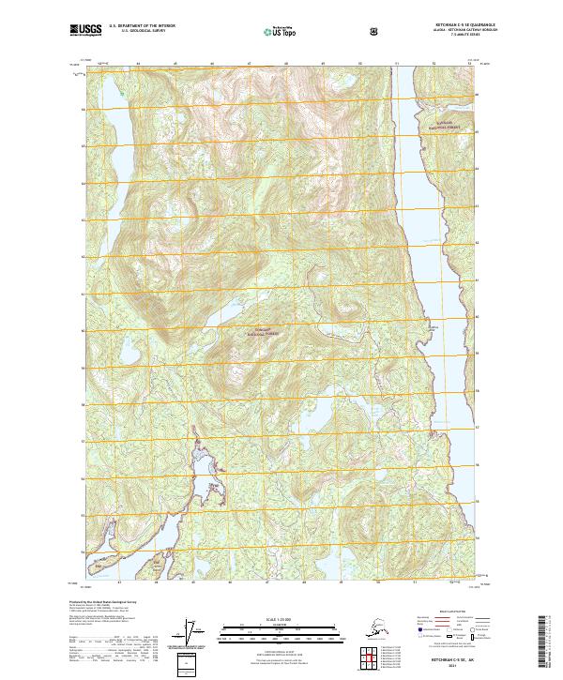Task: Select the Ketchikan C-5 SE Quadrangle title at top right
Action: coord(450,26)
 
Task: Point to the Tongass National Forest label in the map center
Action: coord(260,331)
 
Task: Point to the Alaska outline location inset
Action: coord(375,627)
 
